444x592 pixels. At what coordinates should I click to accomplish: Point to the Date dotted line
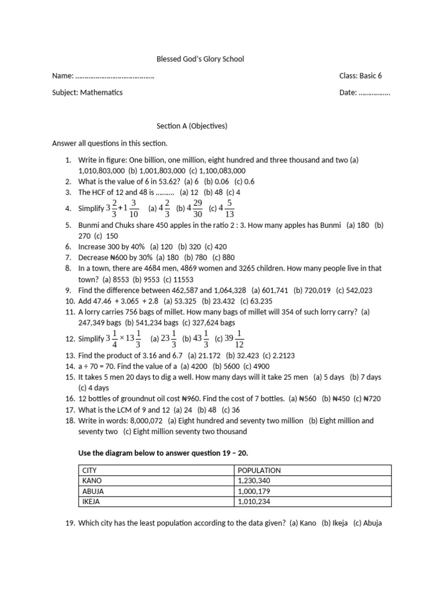pos(374,92)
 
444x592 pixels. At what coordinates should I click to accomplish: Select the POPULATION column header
pos(259,471)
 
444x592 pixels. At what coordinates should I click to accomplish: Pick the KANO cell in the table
pos(92,481)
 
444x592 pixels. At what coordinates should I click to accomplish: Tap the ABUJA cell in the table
pos(94,491)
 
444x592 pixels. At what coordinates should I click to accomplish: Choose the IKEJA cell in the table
pos(92,502)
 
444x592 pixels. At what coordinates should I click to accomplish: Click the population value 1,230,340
pos(254,481)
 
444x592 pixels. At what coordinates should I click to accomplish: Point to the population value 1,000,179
pos(254,491)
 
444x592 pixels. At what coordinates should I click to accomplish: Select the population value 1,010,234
pos(254,502)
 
